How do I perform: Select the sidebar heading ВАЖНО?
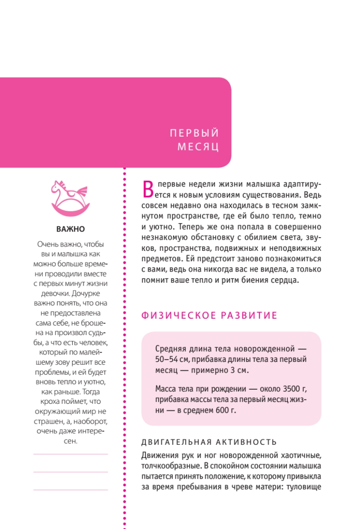tap(71, 229)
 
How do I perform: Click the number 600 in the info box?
tap(216, 410)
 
